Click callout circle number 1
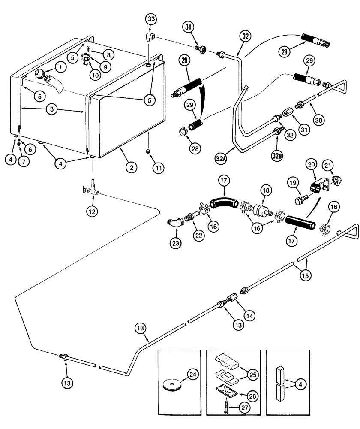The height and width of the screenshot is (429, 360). [60, 67]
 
